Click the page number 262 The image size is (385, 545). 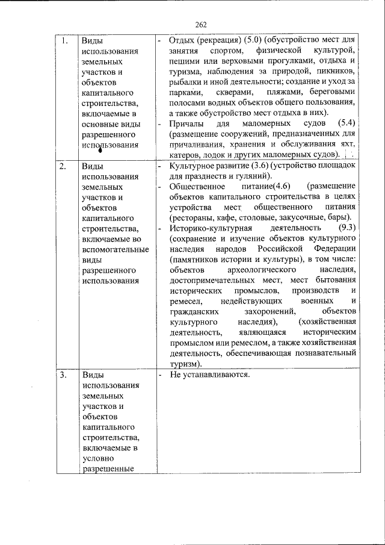tap(200, 25)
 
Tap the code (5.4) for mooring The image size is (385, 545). tap(345, 123)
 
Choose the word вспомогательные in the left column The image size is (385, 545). tap(112, 249)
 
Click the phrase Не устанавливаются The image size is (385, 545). tap(210, 375)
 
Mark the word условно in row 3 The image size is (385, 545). tap(97, 458)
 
